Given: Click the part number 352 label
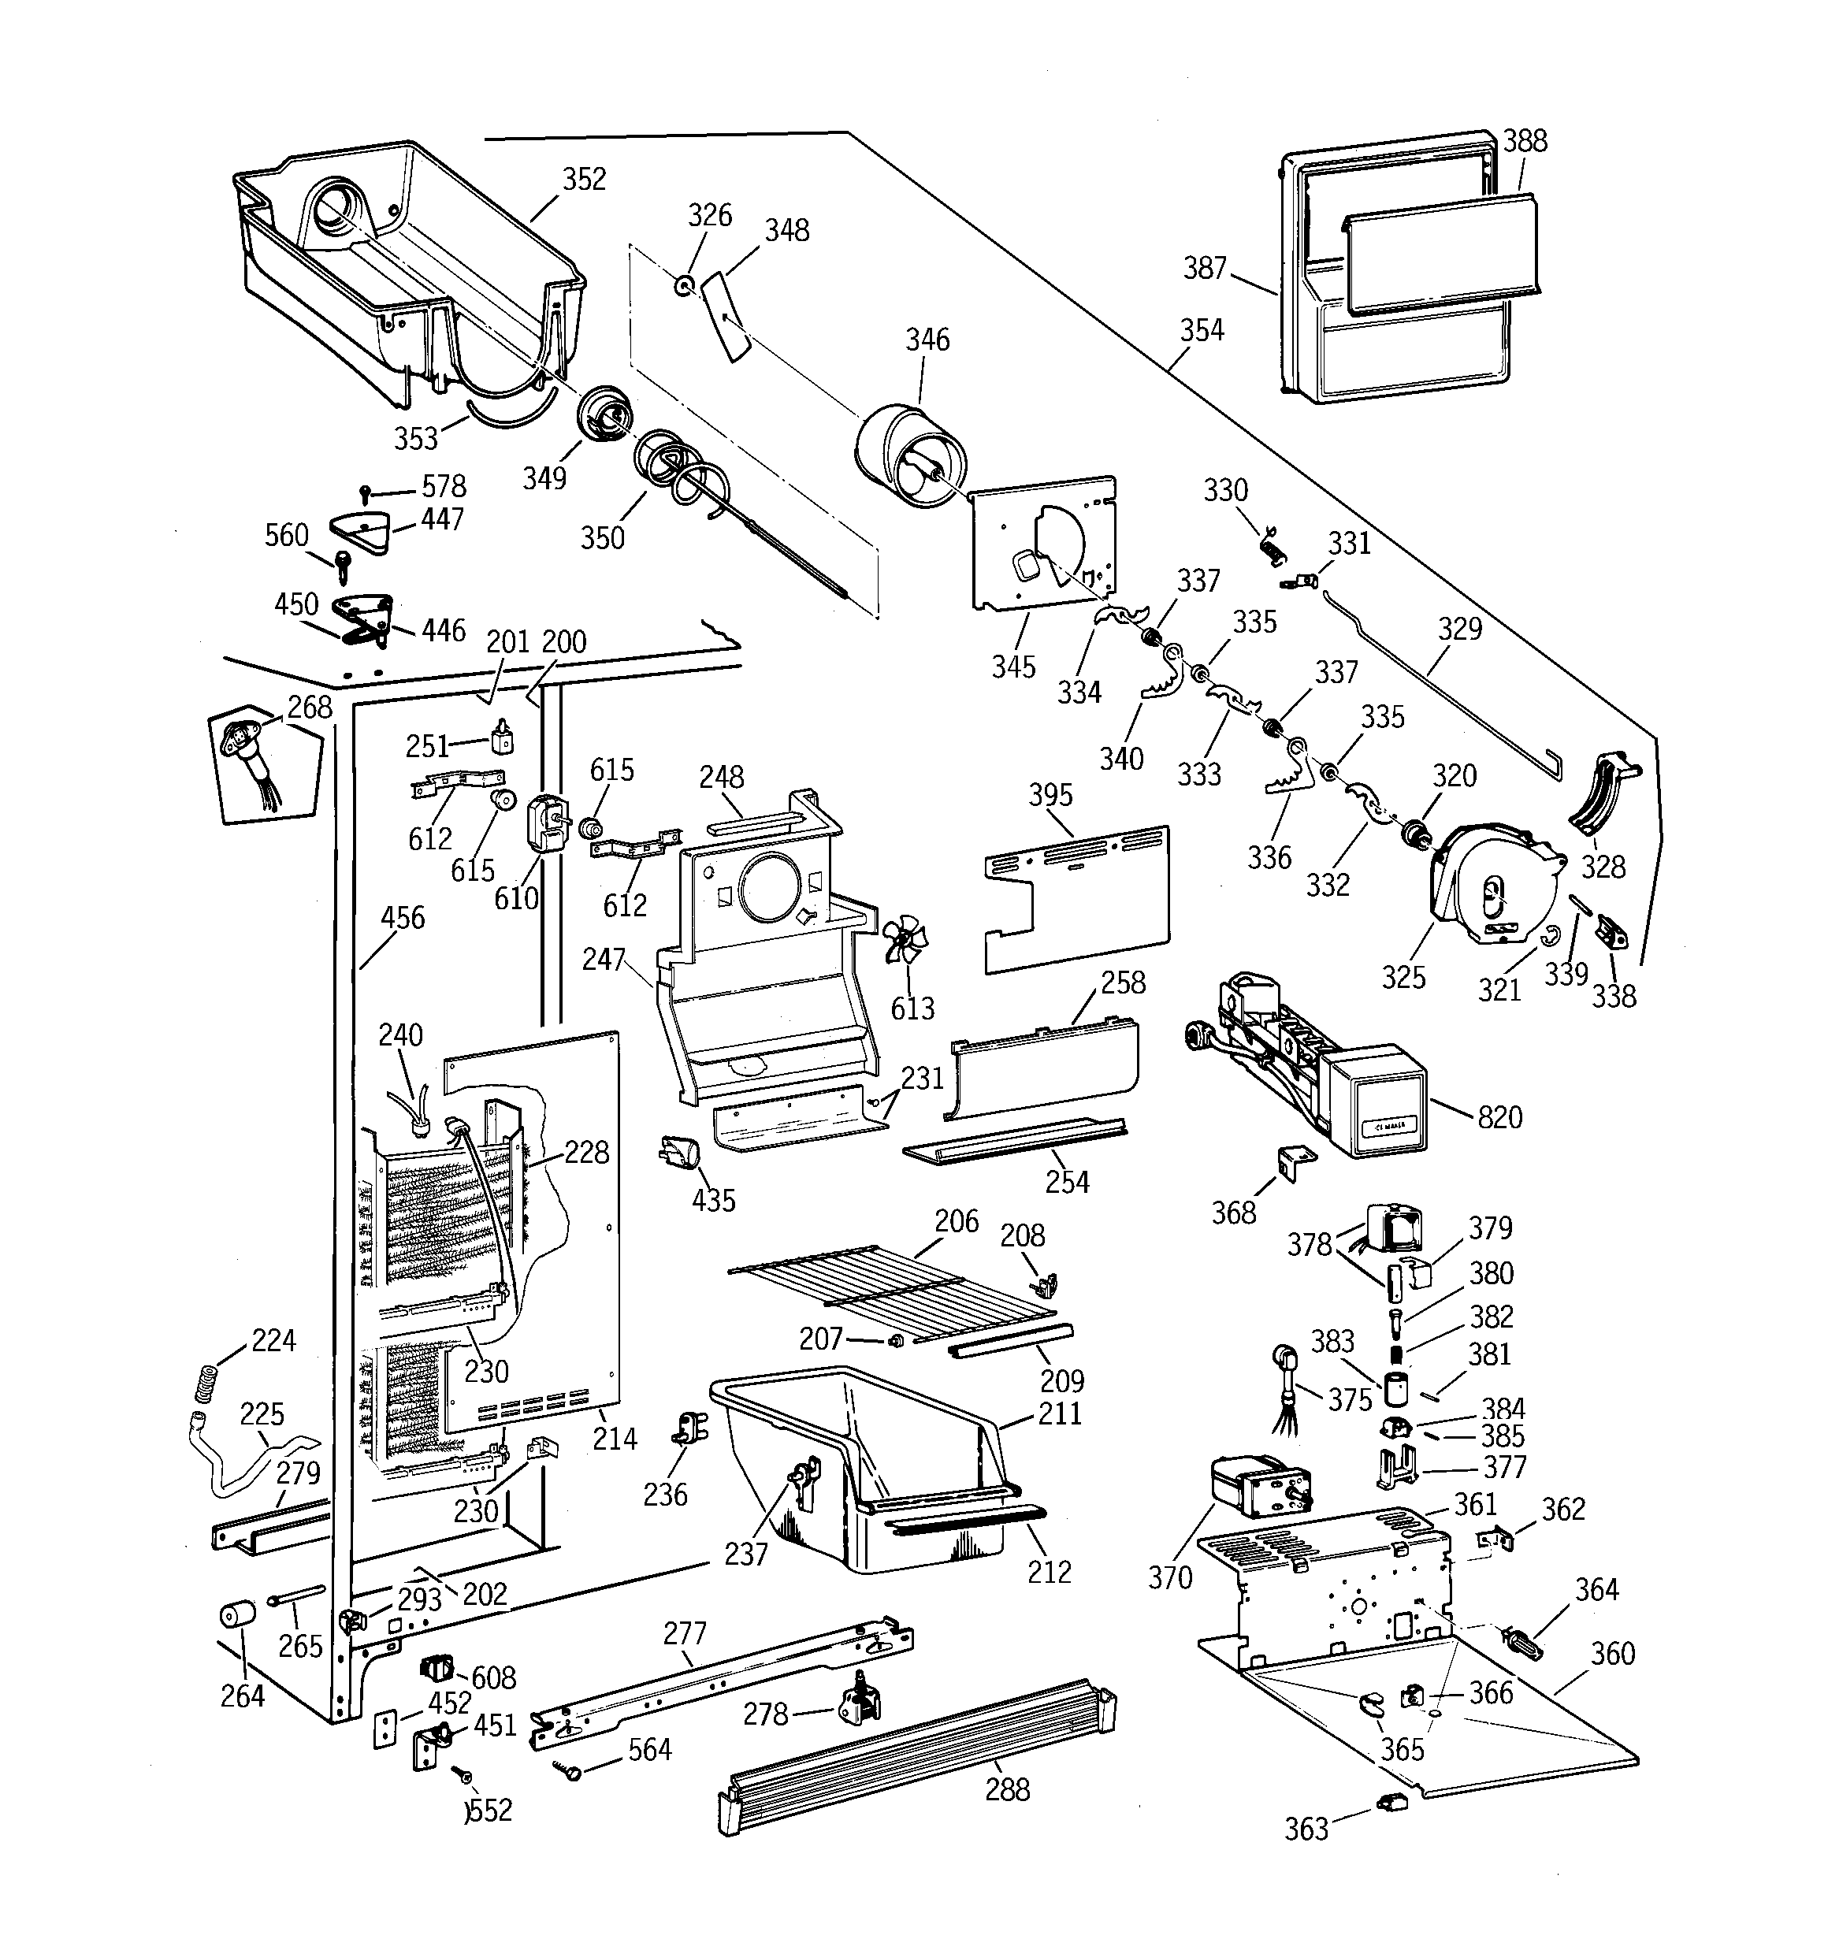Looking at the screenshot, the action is click(584, 179).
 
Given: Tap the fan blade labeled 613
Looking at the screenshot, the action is click(904, 942).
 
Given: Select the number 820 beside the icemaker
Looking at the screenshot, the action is click(1499, 1116).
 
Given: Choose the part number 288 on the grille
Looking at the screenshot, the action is click(1008, 1789).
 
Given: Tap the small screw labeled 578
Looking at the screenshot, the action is click(366, 493).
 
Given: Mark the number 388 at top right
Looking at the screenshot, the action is click(1525, 140).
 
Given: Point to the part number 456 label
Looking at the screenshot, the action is click(403, 917).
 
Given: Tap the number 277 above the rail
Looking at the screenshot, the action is click(685, 1632).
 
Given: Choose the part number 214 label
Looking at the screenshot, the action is click(615, 1438).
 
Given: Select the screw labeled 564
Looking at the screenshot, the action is click(567, 1769).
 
